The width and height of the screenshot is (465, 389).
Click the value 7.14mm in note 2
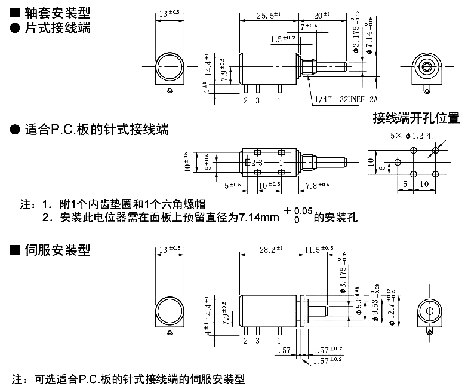pyautogui.click(x=258, y=218)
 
